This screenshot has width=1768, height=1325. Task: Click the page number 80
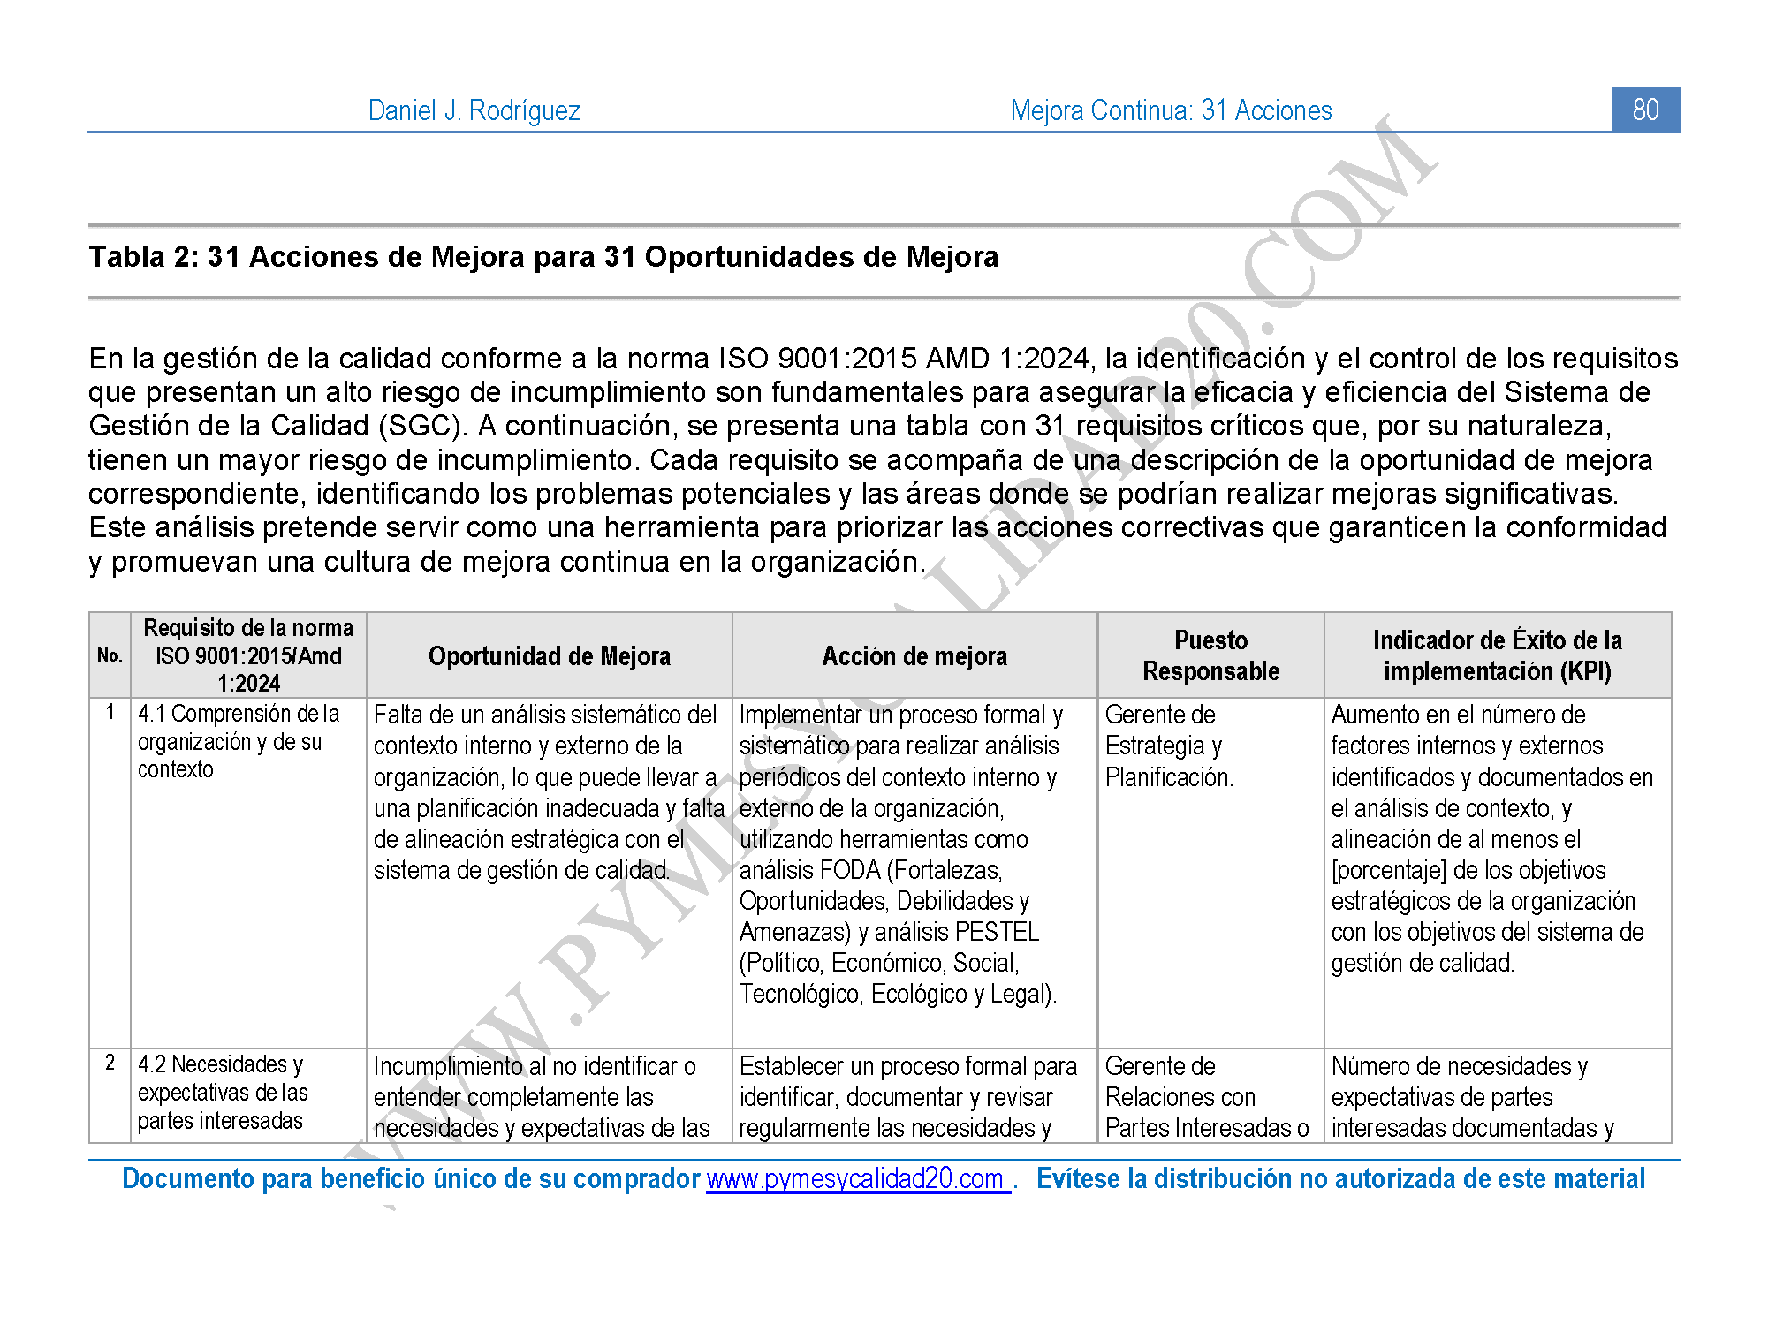pyautogui.click(x=1644, y=110)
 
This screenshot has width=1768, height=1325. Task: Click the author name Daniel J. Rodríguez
pyautogui.click(x=474, y=110)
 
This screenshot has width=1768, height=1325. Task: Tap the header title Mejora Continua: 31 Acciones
pyautogui.click(x=1171, y=110)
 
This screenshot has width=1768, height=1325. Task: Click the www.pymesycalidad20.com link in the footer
pyautogui.click(x=857, y=1179)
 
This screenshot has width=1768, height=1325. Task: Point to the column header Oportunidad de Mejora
pyautogui.click(x=549, y=656)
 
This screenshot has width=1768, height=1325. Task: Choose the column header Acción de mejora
pyautogui.click(x=914, y=656)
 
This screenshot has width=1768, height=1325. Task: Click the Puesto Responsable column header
pyautogui.click(x=1210, y=655)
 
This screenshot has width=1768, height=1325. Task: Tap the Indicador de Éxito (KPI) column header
pyautogui.click(x=1497, y=655)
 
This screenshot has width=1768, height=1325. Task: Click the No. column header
pyautogui.click(x=110, y=655)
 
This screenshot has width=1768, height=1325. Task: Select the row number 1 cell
pyautogui.click(x=110, y=712)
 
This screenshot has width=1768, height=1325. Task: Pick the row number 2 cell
pyautogui.click(x=110, y=1063)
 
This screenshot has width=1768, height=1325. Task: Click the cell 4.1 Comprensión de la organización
pyautogui.click(x=238, y=741)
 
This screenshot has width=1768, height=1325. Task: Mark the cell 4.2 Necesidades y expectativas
pyautogui.click(x=222, y=1092)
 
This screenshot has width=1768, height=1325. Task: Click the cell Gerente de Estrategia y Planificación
pyautogui.click(x=1168, y=746)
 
